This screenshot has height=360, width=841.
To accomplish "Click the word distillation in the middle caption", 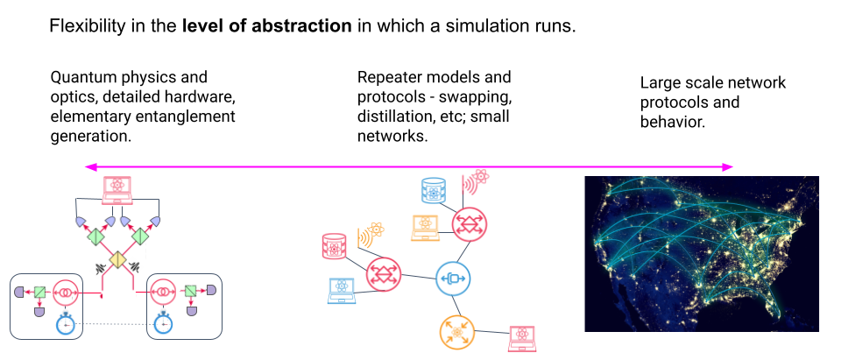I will tap(392, 116).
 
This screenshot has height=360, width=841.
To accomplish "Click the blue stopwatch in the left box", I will tap(66, 324).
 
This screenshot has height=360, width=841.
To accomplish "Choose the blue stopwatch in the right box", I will tap(162, 324).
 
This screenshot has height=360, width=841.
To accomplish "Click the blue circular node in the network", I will tap(453, 279).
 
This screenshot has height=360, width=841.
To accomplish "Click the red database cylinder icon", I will tap(335, 246).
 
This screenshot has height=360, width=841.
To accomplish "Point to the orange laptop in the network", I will tap(426, 227).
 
